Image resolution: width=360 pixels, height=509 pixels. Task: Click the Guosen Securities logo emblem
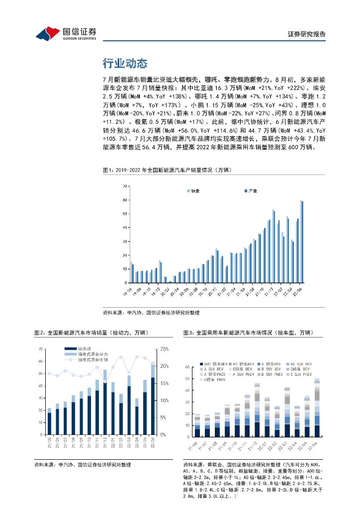click(48, 34)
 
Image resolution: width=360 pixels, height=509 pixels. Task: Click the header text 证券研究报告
click(307, 34)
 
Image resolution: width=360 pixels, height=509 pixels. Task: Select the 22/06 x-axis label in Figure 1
click(298, 290)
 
